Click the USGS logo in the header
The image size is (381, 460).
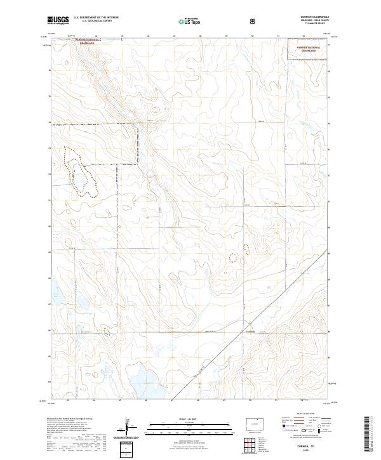click(x=58, y=20)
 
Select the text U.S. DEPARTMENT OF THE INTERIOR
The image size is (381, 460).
click(x=96, y=18)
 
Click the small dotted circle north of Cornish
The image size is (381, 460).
click(x=233, y=257)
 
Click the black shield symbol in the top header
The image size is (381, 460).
click(x=254, y=21)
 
